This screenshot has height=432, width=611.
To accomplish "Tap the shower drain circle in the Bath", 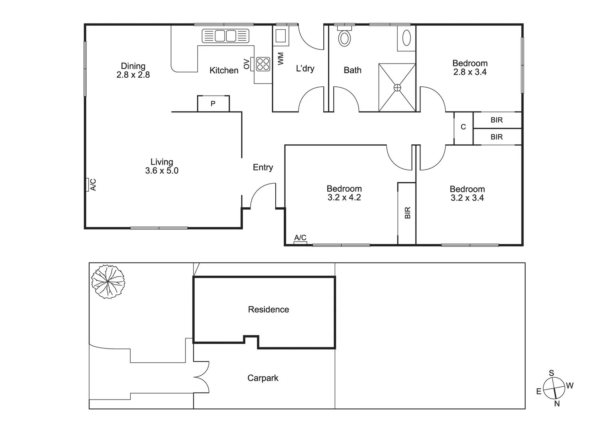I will (x=397, y=87).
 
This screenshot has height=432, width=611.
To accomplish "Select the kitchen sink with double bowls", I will (x=225, y=36).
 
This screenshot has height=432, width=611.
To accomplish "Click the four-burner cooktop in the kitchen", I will (x=263, y=64).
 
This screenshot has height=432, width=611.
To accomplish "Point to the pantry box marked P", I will (x=213, y=104).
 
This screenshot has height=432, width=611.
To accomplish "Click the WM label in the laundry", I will (x=281, y=59).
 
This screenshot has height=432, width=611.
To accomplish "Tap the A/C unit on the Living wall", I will (x=87, y=185).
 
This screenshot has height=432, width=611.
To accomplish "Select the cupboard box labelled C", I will (x=464, y=127).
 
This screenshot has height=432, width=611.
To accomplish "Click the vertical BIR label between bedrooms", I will (x=408, y=212).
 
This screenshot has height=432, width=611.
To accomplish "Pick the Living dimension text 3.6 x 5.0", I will (x=161, y=171).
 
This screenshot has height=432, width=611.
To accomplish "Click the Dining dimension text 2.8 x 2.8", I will (x=133, y=75).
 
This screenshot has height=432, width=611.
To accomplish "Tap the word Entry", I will (x=263, y=168).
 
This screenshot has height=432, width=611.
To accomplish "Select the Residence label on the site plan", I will (x=268, y=309).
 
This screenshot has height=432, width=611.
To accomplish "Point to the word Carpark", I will (x=263, y=378).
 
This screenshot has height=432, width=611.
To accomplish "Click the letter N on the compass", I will (x=557, y=404).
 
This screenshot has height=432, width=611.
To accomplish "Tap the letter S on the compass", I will (x=551, y=373).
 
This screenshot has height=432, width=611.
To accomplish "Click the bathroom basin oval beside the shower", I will (x=406, y=38).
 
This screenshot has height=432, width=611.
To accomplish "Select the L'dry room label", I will (x=305, y=68).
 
